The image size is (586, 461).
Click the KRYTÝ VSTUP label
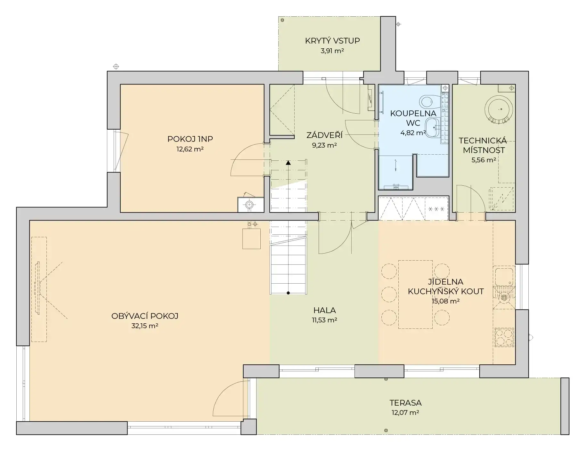click(x=332, y=41)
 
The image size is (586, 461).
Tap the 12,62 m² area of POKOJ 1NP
click(x=190, y=149)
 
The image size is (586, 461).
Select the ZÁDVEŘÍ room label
click(x=324, y=135)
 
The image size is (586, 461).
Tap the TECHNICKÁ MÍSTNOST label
click(x=483, y=145)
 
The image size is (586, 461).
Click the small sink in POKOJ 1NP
click(x=250, y=204)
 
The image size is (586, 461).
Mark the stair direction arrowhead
click(x=288, y=163)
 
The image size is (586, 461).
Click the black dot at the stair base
click(x=288, y=293)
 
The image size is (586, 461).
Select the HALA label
click(x=324, y=310)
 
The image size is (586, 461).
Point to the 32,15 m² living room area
click(x=145, y=326)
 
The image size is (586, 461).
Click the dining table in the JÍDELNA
click(x=415, y=294)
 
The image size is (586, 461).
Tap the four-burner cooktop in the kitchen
click(x=504, y=337)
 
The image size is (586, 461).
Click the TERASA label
click(x=405, y=402)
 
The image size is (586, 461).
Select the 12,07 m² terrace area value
click(x=405, y=412)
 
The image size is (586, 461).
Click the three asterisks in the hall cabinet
click(x=436, y=209)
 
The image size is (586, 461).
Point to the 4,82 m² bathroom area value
click(x=413, y=133)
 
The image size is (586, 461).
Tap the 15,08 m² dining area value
click(x=445, y=301)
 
